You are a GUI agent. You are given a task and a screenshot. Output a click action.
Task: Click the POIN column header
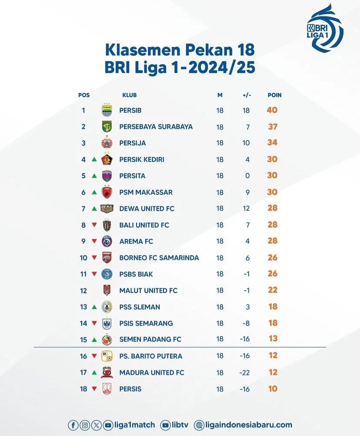(x=274, y=95)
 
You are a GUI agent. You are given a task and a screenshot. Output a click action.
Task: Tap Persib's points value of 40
(x=272, y=110)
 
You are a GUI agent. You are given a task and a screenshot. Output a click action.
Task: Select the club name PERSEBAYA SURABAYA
(x=156, y=126)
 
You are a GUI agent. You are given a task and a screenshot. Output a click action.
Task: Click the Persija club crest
(x=107, y=143)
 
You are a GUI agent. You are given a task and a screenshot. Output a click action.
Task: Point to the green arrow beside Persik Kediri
(x=94, y=160)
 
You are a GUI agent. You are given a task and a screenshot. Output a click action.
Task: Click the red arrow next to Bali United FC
(x=94, y=225)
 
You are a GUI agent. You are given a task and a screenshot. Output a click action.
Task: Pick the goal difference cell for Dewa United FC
(x=247, y=209)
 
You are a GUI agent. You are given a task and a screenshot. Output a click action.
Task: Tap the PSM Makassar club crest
(x=107, y=192)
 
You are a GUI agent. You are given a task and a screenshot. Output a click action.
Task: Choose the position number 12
(x=83, y=290)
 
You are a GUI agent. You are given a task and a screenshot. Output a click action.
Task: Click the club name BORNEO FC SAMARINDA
(x=159, y=258)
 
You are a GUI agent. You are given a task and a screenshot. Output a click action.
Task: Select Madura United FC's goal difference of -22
(x=246, y=373)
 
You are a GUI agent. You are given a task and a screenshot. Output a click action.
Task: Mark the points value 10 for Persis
(x=273, y=389)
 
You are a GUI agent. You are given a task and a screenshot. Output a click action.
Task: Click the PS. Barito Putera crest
(x=107, y=356)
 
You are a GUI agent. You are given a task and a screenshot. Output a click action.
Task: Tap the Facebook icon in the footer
(x=73, y=425)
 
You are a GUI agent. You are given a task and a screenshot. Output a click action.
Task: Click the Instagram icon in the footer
(x=85, y=425)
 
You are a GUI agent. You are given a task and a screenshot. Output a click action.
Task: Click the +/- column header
(x=247, y=95)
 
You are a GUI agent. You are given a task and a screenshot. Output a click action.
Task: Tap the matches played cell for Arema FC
(x=220, y=241)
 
